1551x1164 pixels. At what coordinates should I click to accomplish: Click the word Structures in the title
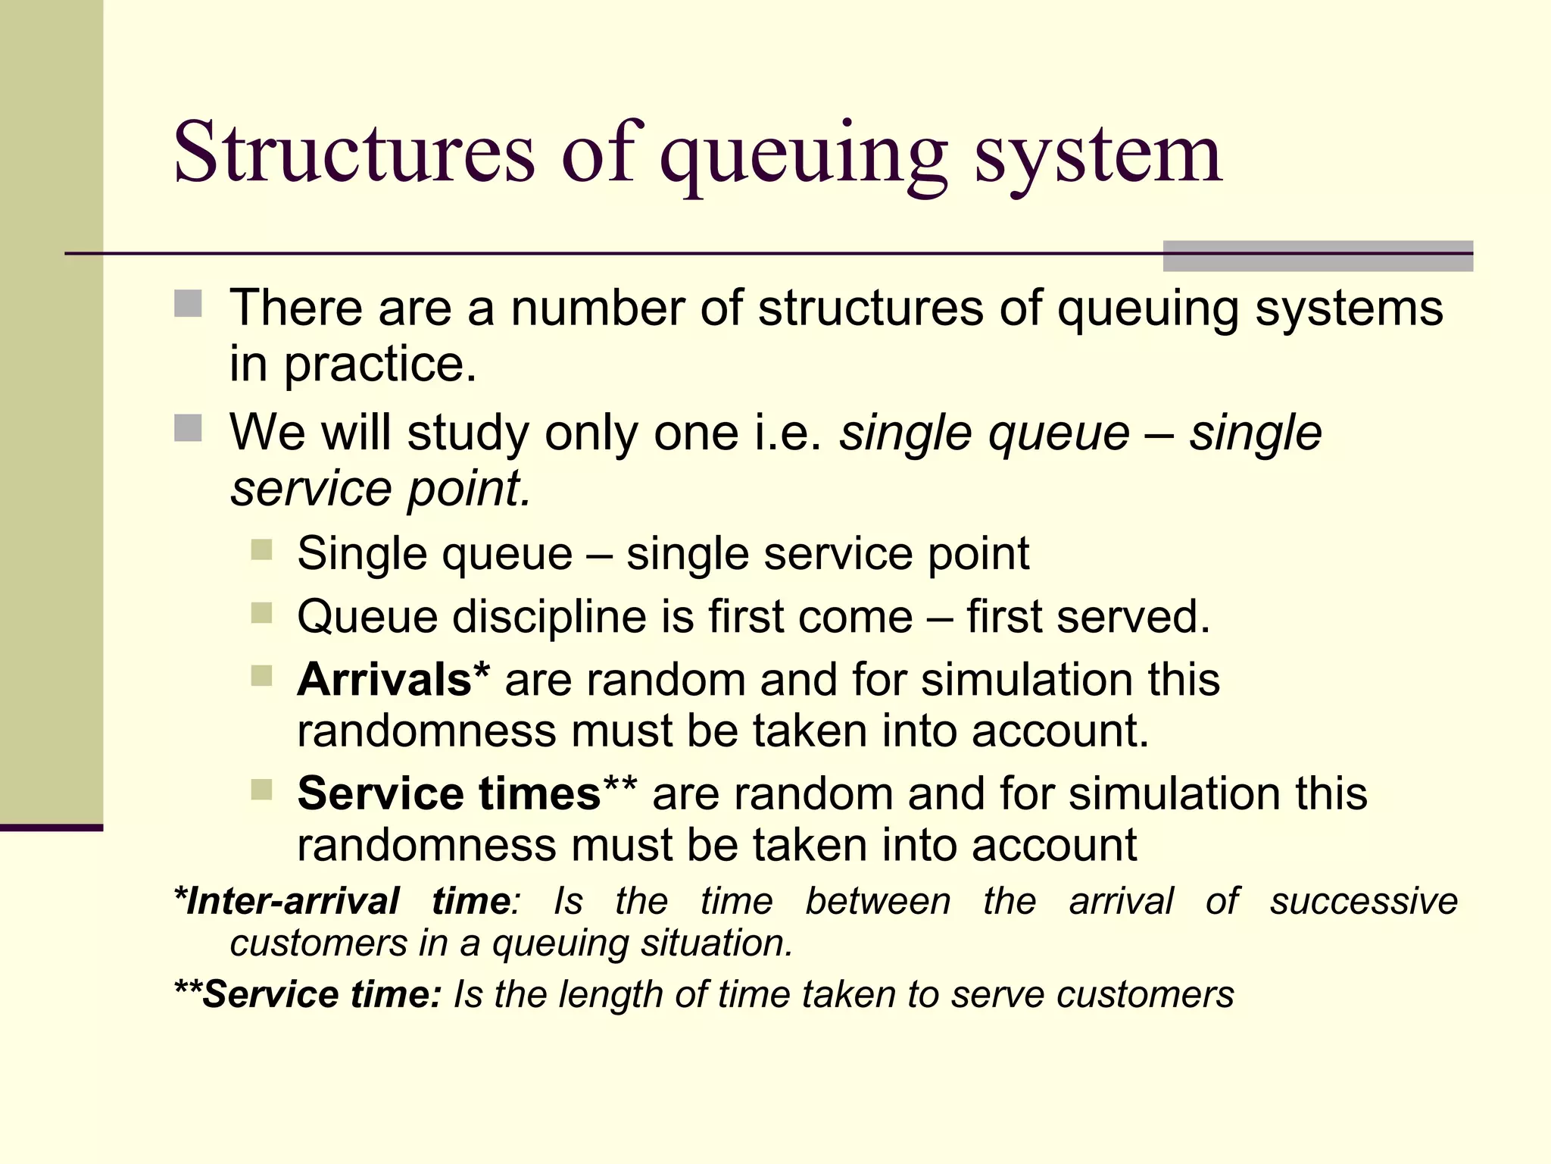[x=354, y=153]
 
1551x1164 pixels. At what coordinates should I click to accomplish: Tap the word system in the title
[x=1097, y=155]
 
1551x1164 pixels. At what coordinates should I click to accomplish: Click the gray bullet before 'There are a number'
[x=188, y=304]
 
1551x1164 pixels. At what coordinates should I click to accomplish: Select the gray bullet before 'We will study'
[x=188, y=428]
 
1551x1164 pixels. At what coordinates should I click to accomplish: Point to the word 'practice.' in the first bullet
[x=380, y=365]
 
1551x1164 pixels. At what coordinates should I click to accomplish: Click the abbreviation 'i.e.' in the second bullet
[x=788, y=433]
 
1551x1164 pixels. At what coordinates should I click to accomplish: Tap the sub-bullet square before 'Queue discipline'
[x=262, y=612]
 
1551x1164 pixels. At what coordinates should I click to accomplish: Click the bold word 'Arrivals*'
[x=393, y=680]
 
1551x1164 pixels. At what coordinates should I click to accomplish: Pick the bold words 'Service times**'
[x=467, y=794]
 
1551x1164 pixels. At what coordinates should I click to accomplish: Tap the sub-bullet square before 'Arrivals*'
[x=262, y=675]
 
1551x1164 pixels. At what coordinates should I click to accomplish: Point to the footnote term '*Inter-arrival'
[x=287, y=902]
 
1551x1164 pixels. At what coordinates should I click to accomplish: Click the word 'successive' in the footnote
[x=1364, y=902]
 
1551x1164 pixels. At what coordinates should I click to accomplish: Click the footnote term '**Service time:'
[x=307, y=994]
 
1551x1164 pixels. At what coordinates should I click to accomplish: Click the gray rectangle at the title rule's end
[x=1318, y=256]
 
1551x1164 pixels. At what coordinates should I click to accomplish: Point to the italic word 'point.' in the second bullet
[x=470, y=489]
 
